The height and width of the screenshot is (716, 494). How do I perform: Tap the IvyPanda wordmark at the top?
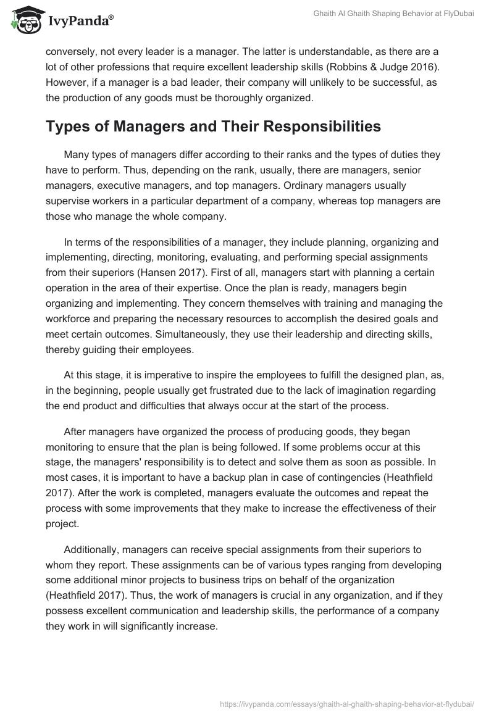click(80, 22)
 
